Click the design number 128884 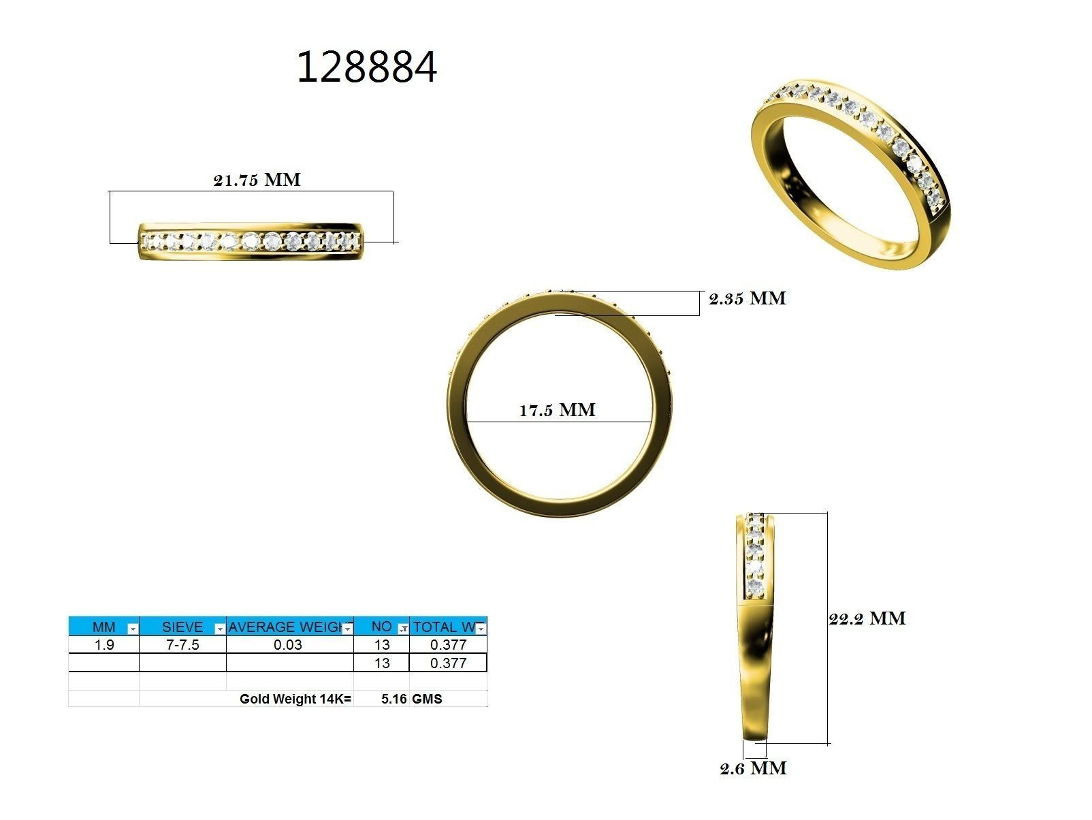pyautogui.click(x=366, y=68)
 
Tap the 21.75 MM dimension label pyautogui.click(x=257, y=180)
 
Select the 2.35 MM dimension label pyautogui.click(x=747, y=298)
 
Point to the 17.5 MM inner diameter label pyautogui.click(x=557, y=410)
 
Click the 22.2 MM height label pyautogui.click(x=867, y=618)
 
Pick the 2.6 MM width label pyautogui.click(x=753, y=768)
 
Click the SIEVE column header pyautogui.click(x=182, y=627)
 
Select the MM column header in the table pyautogui.click(x=103, y=627)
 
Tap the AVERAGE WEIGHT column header pyautogui.click(x=285, y=627)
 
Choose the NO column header pyautogui.click(x=381, y=627)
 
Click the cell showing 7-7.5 pyautogui.click(x=182, y=645)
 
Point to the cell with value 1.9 pyautogui.click(x=103, y=645)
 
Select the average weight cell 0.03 pyautogui.click(x=288, y=645)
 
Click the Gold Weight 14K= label pyautogui.click(x=295, y=699)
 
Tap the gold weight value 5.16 pyautogui.click(x=394, y=699)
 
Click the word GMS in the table pyautogui.click(x=427, y=699)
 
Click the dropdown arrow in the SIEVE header pyautogui.click(x=219, y=629)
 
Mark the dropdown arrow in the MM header pyautogui.click(x=133, y=629)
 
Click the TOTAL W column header pyautogui.click(x=444, y=627)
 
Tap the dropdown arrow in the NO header pyautogui.click(x=402, y=629)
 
